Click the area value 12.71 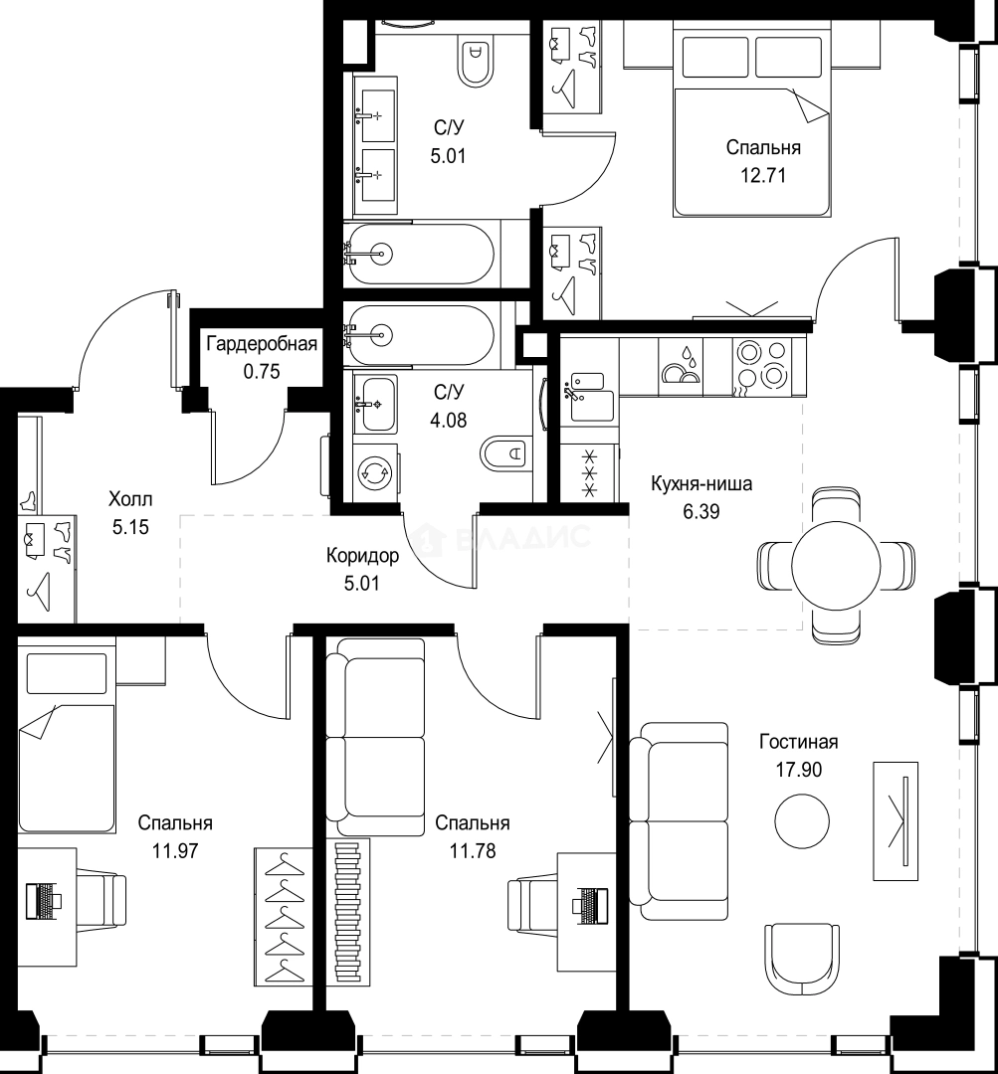coord(763,176)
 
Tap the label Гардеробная coord(262,343)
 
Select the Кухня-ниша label coord(701,483)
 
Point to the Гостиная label coord(799,742)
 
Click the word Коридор coord(362,556)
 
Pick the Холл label coord(130,498)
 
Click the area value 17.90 coord(799,770)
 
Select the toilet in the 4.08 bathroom coord(505,452)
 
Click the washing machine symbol coord(376,472)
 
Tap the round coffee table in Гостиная coord(802,820)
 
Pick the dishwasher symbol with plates coord(680,366)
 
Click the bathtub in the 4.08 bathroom coord(420,334)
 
